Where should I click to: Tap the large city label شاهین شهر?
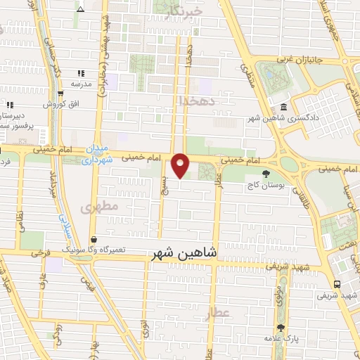tap(184, 252)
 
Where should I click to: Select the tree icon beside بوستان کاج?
tap(265, 174)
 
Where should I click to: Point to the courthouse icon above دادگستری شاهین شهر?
tap(283, 107)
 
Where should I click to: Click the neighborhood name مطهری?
tap(96, 208)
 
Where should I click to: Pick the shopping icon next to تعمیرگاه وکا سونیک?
tap(94, 240)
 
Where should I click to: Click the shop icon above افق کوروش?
tap(61, 94)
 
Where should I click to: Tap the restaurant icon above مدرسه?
tap(81, 72)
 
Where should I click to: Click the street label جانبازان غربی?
tap(303, 60)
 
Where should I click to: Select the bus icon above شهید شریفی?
tap(338, 284)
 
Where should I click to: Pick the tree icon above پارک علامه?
tap(281, 328)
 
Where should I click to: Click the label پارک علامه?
tap(281, 339)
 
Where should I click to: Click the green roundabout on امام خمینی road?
tap(289, 165)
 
